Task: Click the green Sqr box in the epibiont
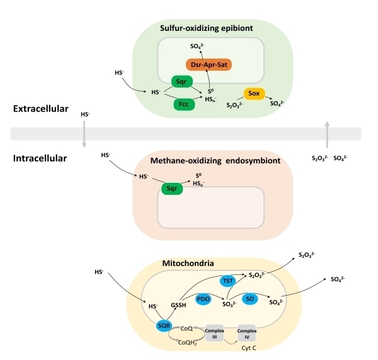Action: (181, 81)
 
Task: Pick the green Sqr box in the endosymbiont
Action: (171, 188)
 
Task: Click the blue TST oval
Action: (229, 280)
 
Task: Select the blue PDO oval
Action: (203, 299)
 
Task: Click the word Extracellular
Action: (41, 109)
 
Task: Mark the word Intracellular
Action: (40, 158)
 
